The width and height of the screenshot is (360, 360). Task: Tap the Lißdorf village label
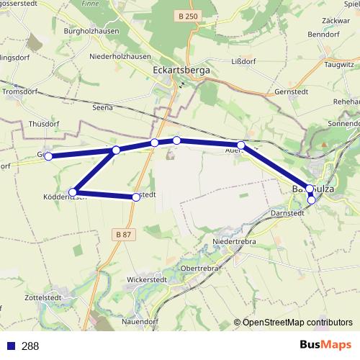(x=242, y=62)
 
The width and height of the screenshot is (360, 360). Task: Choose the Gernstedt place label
(x=292, y=92)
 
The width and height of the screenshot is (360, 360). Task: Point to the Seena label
(x=103, y=107)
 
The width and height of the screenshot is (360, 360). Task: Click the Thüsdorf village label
(x=43, y=124)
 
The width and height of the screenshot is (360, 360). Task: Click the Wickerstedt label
(x=146, y=279)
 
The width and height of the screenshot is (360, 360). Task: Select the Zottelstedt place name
(x=42, y=297)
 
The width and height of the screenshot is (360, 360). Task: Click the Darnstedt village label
(x=287, y=213)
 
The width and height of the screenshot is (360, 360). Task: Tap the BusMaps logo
(x=322, y=346)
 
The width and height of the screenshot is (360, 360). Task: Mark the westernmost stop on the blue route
(x=48, y=156)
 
